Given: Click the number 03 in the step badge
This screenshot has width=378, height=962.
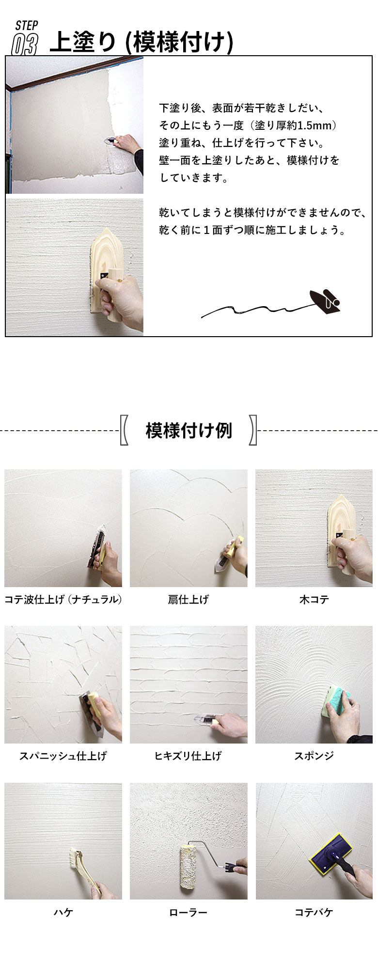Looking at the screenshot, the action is click(x=24, y=44).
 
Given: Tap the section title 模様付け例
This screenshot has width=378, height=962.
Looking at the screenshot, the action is click(x=189, y=430).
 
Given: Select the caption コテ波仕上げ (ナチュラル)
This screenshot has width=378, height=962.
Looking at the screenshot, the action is click(x=63, y=599).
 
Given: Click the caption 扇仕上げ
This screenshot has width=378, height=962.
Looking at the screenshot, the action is click(x=189, y=599).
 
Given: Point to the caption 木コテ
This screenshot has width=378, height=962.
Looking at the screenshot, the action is click(x=314, y=599).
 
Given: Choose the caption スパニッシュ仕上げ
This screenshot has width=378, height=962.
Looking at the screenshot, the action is click(x=63, y=756).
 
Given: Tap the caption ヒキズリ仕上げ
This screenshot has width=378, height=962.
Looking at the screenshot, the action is click(x=189, y=756).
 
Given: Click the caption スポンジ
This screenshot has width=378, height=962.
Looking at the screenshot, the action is click(x=314, y=756).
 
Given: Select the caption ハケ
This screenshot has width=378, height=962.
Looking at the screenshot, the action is click(x=63, y=913).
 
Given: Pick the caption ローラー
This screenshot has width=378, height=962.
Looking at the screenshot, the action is click(x=189, y=913).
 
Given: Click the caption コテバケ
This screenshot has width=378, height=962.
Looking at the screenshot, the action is click(x=314, y=913).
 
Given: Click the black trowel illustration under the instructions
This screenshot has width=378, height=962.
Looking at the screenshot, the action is click(x=325, y=301).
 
